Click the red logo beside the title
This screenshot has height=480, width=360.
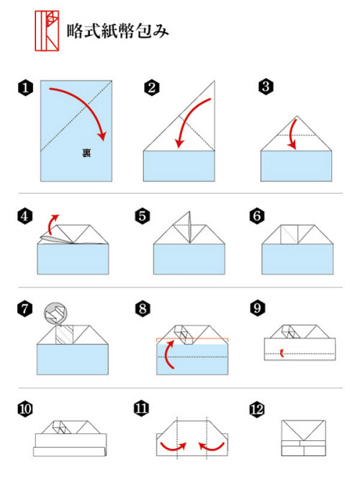pyautogui.click(x=47, y=30)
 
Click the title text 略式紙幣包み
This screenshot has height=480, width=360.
pyautogui.click(x=118, y=31)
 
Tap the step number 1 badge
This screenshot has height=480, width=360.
pyautogui.click(x=25, y=88)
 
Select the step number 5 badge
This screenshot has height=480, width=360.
pyautogui.click(x=143, y=216)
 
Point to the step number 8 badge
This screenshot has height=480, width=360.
pyautogui.click(x=143, y=308)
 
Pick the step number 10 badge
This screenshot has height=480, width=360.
pyautogui.click(x=25, y=409)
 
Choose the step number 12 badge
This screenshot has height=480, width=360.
pyautogui.click(x=257, y=409)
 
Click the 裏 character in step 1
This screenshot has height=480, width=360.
pyautogui.click(x=86, y=153)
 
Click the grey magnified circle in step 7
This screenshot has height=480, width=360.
pyautogui.click(x=55, y=314)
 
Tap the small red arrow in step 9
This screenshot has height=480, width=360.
pyautogui.click(x=282, y=353)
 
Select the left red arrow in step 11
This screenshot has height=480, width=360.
pyautogui.click(x=174, y=448)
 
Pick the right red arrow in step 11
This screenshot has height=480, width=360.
pyautogui.click(x=212, y=448)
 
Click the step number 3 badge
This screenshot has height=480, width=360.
pyautogui.click(x=266, y=86)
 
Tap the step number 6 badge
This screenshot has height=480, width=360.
pyautogui.click(x=257, y=216)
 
